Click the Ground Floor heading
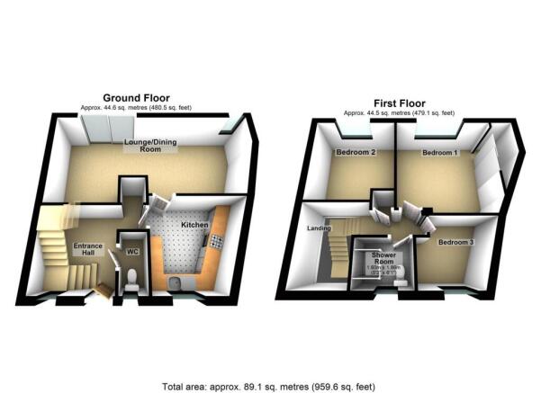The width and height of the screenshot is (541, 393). pos(136,97)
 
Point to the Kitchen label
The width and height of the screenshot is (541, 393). pos(195,224)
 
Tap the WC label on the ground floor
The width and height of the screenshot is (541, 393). pos(132,253)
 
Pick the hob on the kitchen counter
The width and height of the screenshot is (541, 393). pos(216,240)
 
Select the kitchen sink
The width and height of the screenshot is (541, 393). pos(177,282)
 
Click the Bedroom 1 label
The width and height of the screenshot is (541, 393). pos(440,153)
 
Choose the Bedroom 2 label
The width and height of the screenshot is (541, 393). pos(355,153)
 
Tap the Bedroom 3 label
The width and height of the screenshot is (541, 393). pos(455,243)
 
